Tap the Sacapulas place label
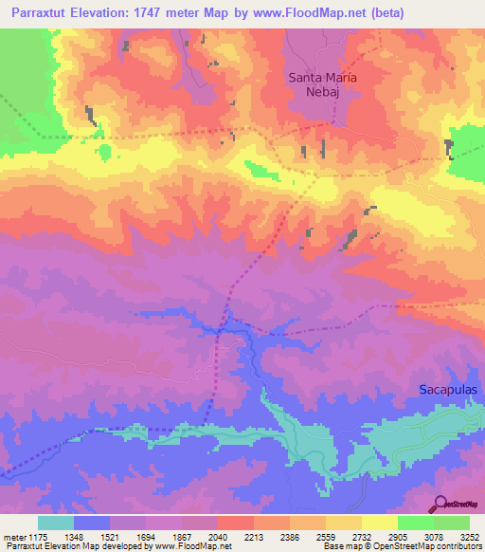(450, 390)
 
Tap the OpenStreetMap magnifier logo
(441, 504)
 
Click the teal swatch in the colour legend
(56, 523)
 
